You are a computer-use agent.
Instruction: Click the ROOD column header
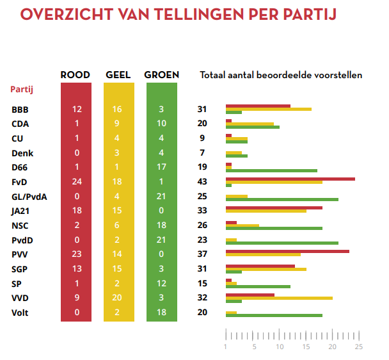(x=75, y=75)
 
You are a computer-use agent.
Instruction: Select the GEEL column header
(x=118, y=75)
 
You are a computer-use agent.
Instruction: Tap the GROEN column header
(x=161, y=75)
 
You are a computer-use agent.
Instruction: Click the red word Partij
(x=21, y=90)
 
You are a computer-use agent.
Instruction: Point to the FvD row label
(x=19, y=182)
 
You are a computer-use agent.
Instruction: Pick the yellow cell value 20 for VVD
(x=118, y=298)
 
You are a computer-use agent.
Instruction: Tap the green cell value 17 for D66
(x=162, y=167)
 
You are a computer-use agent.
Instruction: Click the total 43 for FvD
(x=202, y=182)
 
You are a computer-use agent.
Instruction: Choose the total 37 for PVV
(x=202, y=254)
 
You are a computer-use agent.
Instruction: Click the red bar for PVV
(x=287, y=251)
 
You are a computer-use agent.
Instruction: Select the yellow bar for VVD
(x=279, y=298)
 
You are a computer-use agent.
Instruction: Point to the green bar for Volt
(x=274, y=315)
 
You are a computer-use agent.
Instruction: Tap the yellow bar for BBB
(x=269, y=110)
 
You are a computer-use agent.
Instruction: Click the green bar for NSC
(x=274, y=228)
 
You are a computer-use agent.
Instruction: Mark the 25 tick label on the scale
(x=359, y=347)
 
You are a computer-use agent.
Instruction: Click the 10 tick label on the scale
(x=280, y=347)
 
